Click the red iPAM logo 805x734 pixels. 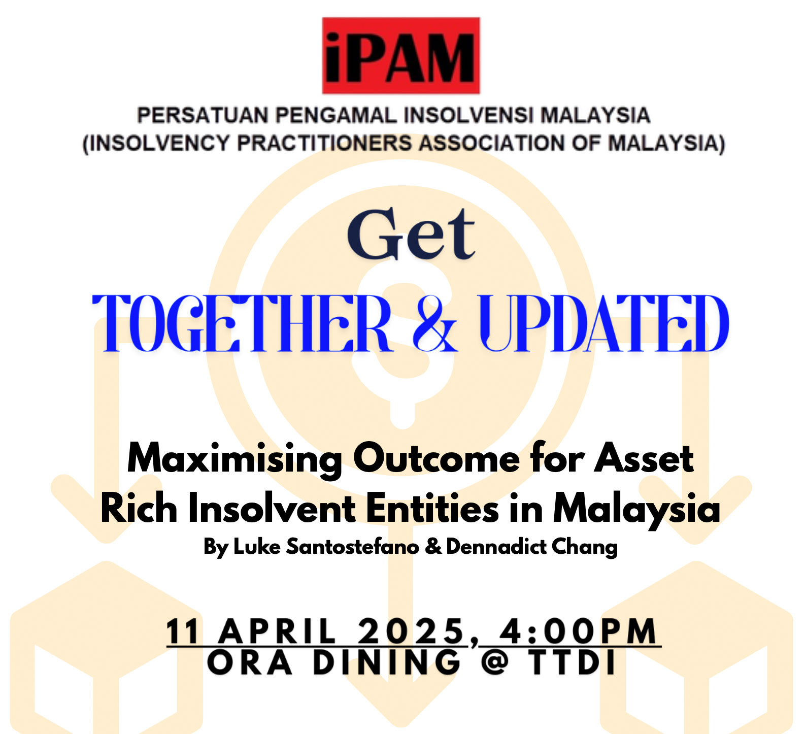pos(401,56)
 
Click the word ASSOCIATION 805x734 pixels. pos(492,143)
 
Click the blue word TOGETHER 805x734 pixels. pos(243,323)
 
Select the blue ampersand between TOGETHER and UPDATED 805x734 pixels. pos(435,323)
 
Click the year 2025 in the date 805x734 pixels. pos(412,631)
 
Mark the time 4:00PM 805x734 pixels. pos(578,631)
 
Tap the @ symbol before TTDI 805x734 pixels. pos(495,662)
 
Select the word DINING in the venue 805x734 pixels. pos(387,662)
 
